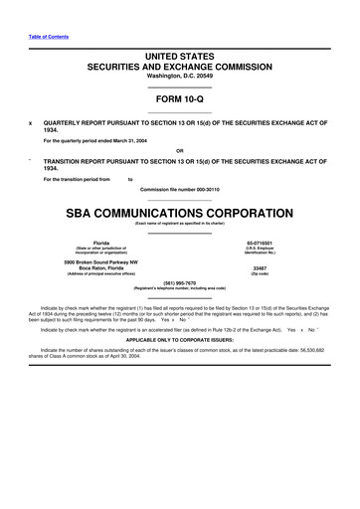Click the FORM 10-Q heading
pos(180,99)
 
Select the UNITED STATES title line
pos(180,59)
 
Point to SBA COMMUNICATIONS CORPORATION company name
pos(180,212)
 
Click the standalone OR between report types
pos(180,150)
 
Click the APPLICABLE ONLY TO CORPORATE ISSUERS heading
pos(180,339)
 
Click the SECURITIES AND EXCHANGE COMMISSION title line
pos(180,69)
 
